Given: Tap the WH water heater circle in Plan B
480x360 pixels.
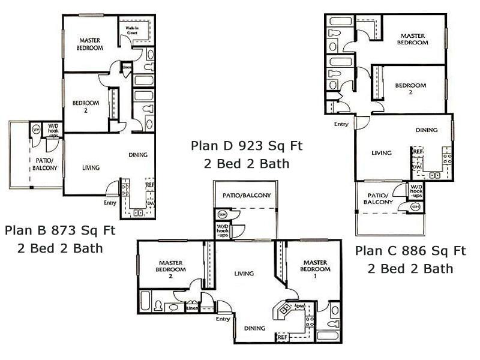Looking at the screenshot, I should (36, 128).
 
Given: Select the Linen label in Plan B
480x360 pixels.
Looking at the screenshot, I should (127, 67).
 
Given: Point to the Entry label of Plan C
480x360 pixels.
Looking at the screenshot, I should (341, 124).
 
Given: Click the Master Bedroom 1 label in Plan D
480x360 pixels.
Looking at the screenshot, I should (314, 266).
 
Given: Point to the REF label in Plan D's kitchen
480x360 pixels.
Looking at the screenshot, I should (281, 338).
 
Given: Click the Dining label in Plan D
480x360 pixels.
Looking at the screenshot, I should (255, 328).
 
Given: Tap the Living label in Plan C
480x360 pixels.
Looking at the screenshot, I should (381, 153).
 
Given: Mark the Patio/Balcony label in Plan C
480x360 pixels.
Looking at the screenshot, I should (379, 199).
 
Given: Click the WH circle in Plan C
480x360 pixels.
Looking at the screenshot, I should (415, 207).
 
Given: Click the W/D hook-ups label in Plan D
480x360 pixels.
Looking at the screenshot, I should (223, 229).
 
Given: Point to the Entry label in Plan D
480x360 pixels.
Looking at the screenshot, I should (223, 319).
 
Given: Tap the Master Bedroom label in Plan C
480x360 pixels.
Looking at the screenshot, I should (413, 40).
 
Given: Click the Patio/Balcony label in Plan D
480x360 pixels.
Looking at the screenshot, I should (247, 196).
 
